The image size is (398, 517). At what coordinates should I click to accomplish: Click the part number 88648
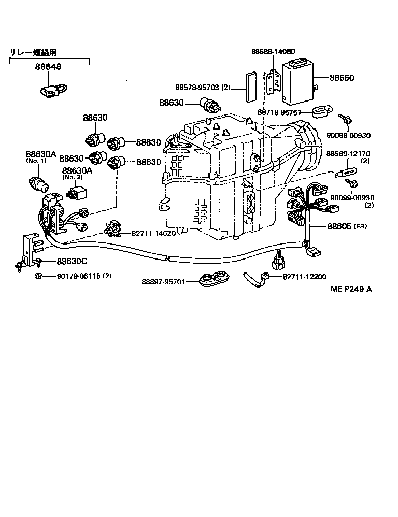click(x=48, y=67)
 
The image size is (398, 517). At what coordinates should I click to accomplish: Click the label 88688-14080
click(x=273, y=52)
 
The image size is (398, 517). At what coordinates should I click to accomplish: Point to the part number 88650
click(x=342, y=78)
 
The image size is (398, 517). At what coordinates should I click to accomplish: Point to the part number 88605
click(x=339, y=226)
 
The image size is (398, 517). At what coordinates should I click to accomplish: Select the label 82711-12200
click(x=305, y=277)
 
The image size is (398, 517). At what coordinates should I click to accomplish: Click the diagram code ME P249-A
click(x=351, y=290)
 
